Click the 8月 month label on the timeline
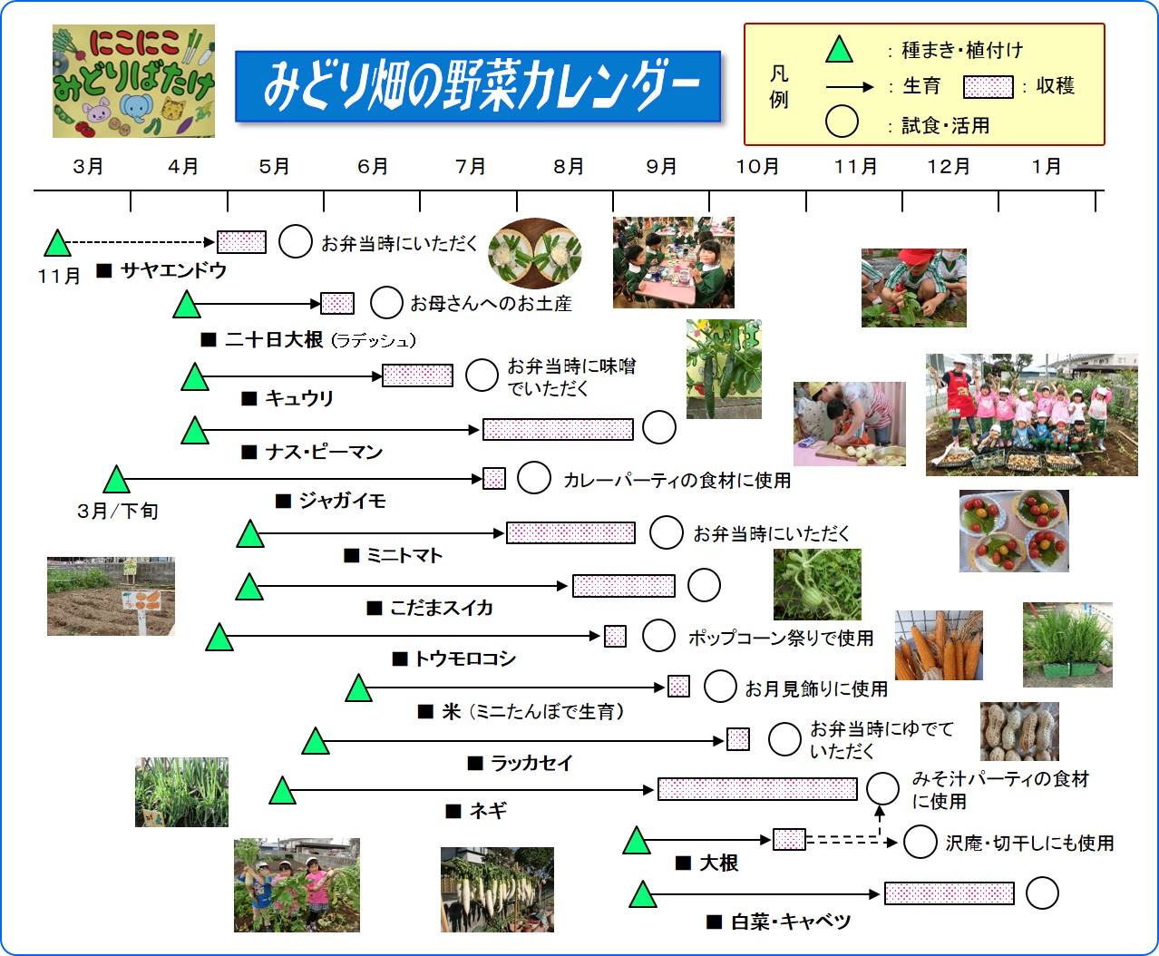point(569,167)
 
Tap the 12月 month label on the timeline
point(949,167)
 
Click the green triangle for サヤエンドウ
point(57,244)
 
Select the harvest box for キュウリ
point(417,376)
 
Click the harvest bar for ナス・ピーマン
point(558,429)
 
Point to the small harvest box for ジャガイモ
point(494,478)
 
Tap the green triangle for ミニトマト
point(249,534)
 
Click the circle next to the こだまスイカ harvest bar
point(704,586)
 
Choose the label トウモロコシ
point(464,659)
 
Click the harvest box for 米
point(678,687)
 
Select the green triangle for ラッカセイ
point(315,742)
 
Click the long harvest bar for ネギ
point(757,789)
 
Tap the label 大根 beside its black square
point(718,863)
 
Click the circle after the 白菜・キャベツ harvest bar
point(1042,893)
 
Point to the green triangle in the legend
point(839,50)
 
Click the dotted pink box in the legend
point(988,87)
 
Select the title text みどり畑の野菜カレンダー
point(478,87)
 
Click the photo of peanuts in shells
point(1018,731)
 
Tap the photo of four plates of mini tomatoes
point(1014,531)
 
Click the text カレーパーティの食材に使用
point(677,481)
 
